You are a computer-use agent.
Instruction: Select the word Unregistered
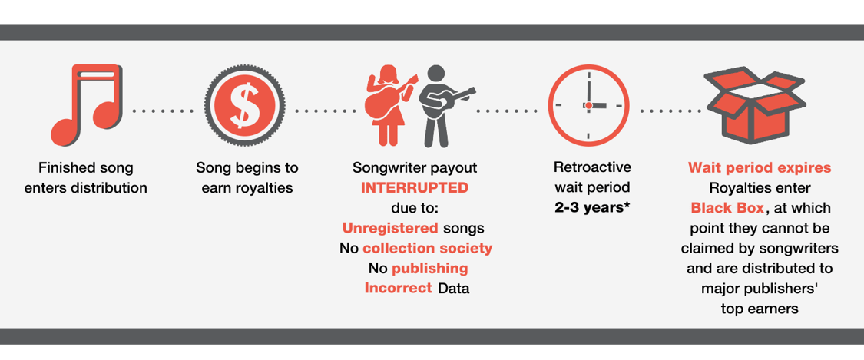pyautogui.click(x=390, y=229)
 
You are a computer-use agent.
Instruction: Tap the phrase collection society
pyautogui.click(x=427, y=249)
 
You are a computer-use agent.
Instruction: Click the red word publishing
pyautogui.click(x=429, y=269)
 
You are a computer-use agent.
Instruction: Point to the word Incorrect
pyautogui.click(x=398, y=289)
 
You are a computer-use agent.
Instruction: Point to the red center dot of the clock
pyautogui.click(x=588, y=105)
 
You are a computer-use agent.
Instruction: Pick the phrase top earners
pyautogui.click(x=760, y=309)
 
